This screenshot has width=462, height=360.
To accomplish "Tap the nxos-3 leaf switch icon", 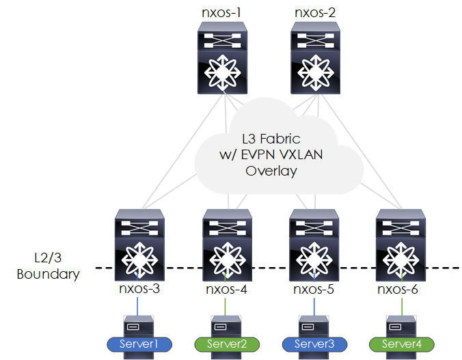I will (x=139, y=245).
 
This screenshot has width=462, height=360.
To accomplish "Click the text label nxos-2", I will (x=314, y=12).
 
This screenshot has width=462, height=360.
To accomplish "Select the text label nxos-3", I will (x=139, y=290).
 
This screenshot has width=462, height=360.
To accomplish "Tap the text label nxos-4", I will (x=226, y=290).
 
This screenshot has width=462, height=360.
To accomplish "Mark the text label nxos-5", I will (x=314, y=290).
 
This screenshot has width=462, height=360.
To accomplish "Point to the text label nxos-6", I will (x=400, y=290).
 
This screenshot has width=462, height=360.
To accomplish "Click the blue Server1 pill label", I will (x=139, y=344).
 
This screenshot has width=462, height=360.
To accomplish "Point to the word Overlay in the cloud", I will (x=271, y=171).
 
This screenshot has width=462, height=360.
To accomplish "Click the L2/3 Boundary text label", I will (x=48, y=266).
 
